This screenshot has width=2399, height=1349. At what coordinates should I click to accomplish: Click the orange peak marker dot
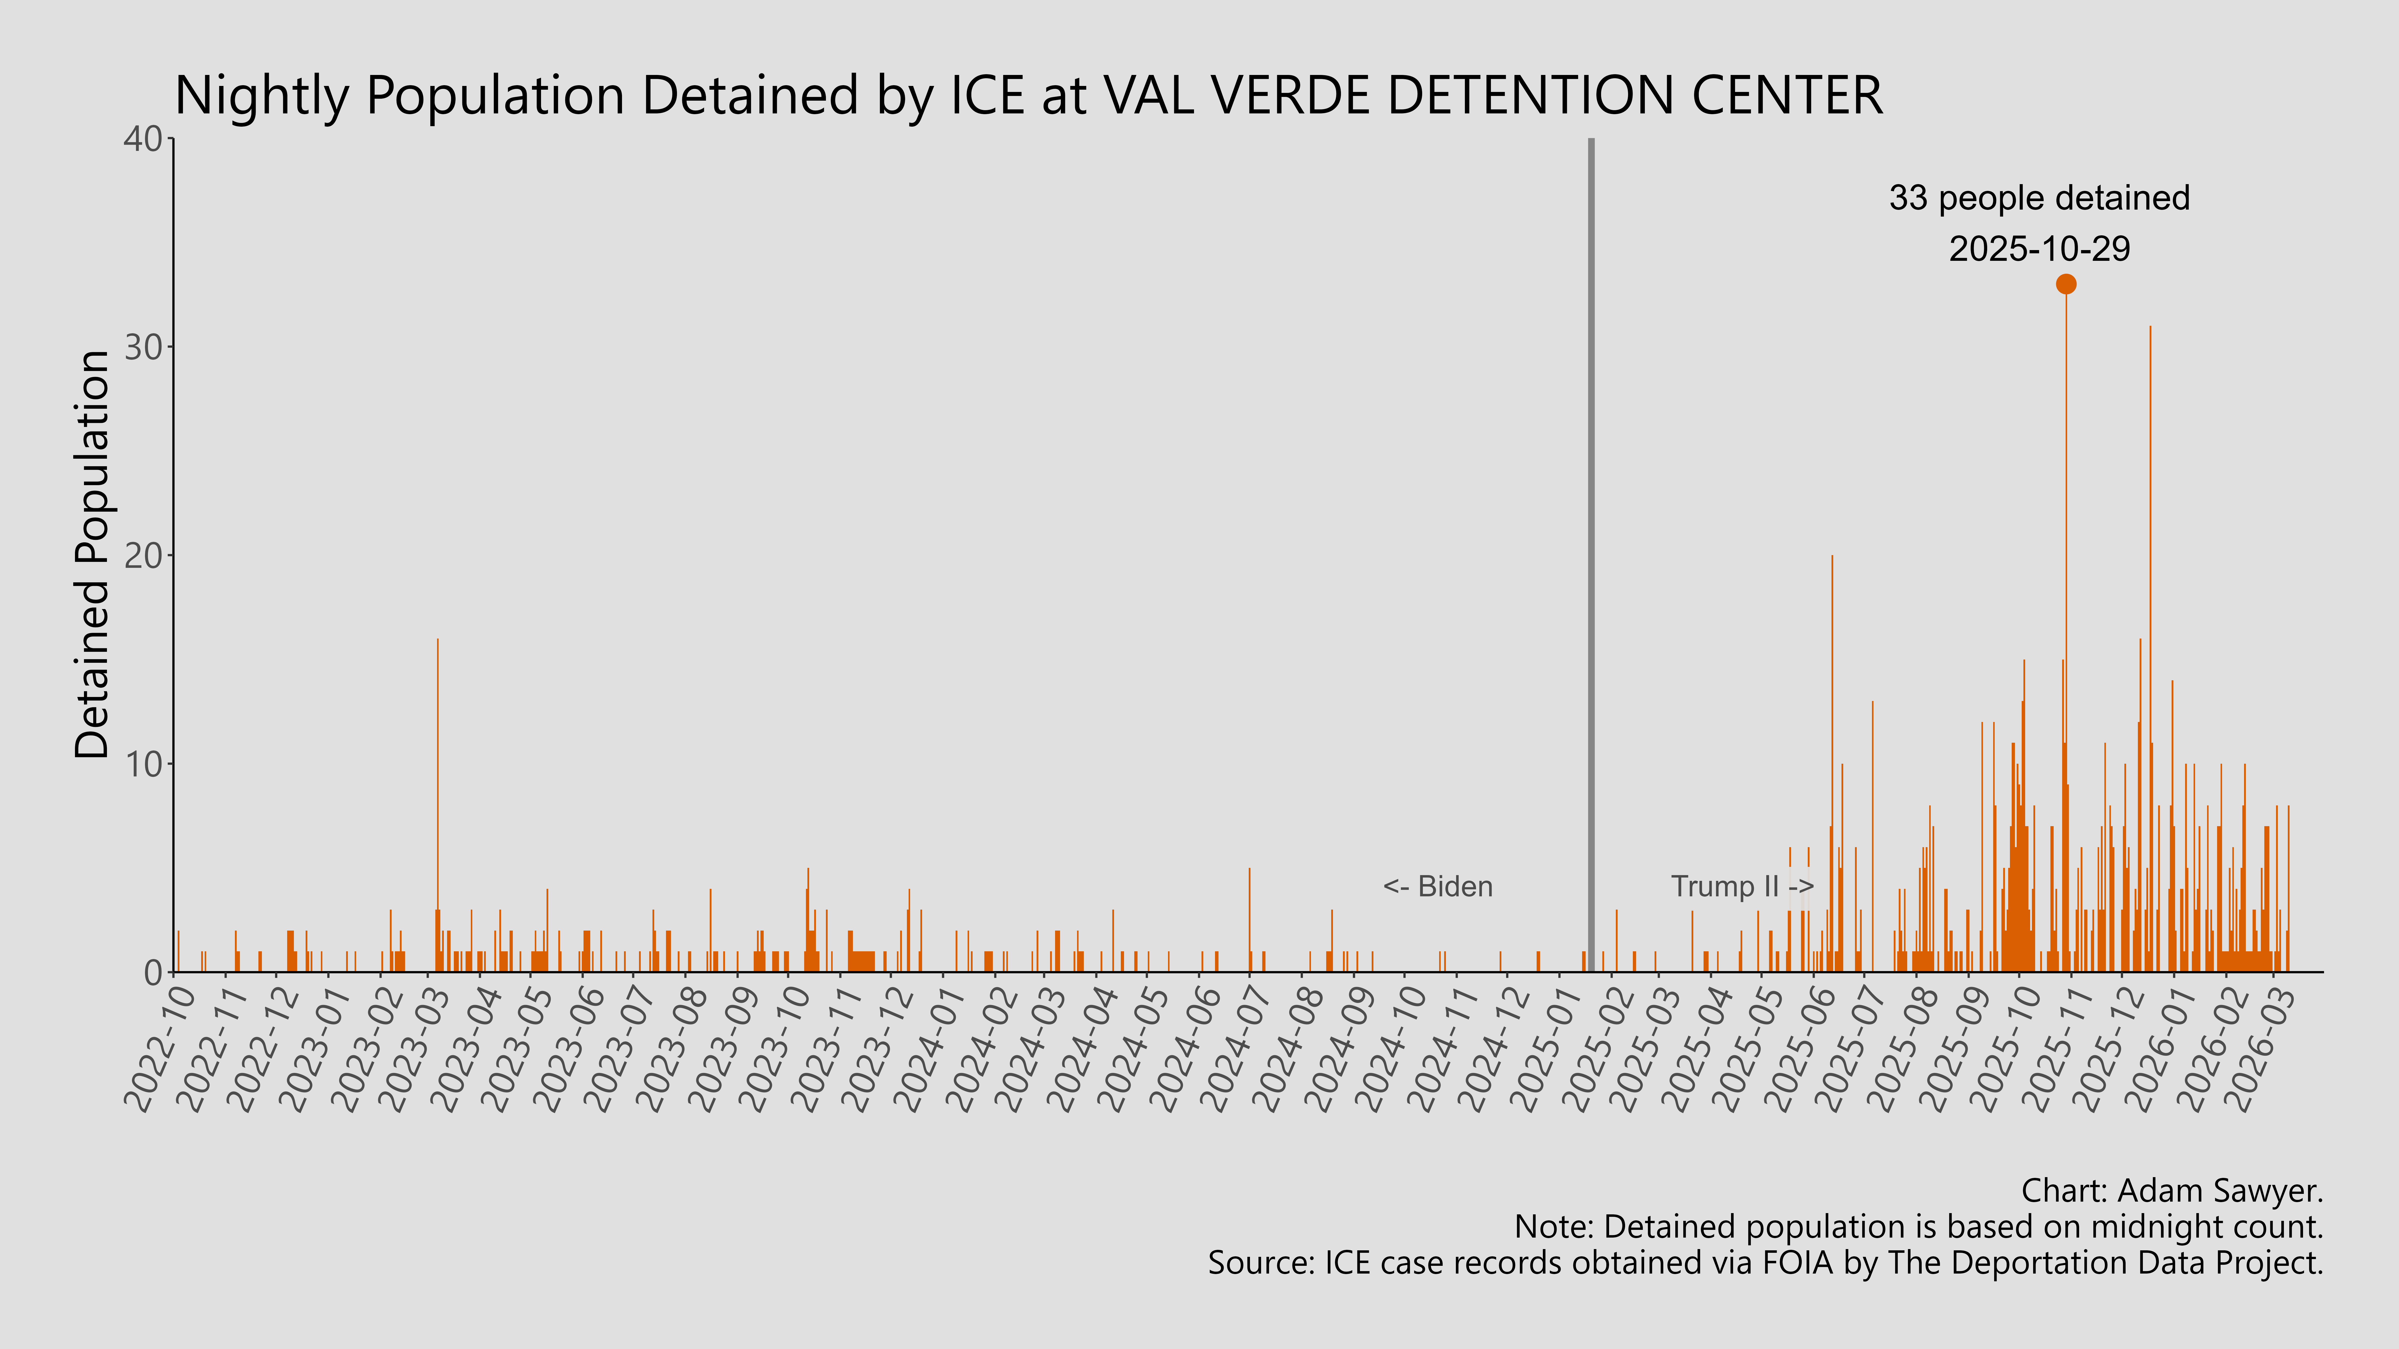[2066, 284]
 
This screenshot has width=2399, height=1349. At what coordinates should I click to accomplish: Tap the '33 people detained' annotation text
[2039, 198]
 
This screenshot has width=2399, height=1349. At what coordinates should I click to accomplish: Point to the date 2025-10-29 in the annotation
[2039, 249]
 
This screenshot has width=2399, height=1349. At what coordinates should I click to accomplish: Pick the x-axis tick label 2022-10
[160, 1047]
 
